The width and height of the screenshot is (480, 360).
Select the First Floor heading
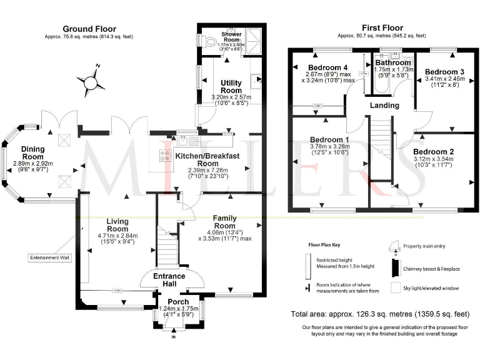382,28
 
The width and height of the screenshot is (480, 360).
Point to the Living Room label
117,224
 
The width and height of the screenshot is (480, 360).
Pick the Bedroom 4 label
327,67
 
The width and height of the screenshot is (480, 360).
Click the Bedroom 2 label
433,151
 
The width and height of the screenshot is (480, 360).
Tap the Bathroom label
393,62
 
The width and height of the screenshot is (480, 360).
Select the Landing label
384,105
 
